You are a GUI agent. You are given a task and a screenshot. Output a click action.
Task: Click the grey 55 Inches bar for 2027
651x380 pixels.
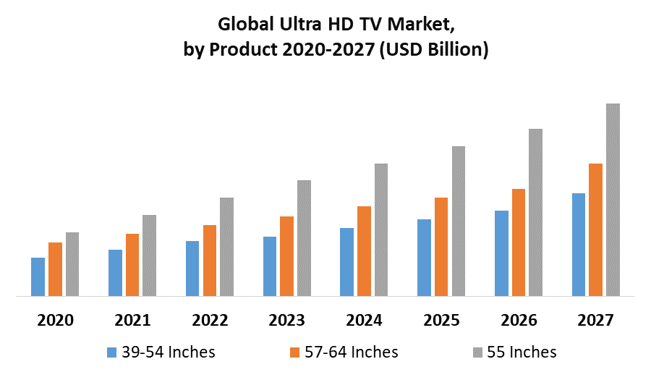[x=613, y=200]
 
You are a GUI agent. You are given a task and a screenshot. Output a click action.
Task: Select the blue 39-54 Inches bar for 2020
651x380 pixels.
[x=38, y=276]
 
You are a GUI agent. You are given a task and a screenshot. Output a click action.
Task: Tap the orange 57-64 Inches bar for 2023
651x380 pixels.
[x=286, y=256]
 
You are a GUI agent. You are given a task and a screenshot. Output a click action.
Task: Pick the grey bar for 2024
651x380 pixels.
[x=380, y=229]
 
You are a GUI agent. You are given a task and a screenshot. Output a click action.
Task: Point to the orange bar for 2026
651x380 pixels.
[x=518, y=242]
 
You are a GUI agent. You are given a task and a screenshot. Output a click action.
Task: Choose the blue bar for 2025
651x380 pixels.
[x=424, y=258]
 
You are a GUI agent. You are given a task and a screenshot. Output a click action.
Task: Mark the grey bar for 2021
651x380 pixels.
[x=149, y=256]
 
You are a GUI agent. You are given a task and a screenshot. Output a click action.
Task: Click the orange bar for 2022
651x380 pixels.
[x=210, y=261]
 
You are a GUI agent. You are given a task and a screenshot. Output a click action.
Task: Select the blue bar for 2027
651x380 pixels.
[x=578, y=245]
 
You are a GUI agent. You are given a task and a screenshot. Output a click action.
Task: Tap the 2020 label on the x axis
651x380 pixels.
[x=55, y=320]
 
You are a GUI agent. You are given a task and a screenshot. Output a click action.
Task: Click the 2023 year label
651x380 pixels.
[x=286, y=320]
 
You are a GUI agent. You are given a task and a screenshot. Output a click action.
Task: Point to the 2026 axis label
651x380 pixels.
[x=518, y=320]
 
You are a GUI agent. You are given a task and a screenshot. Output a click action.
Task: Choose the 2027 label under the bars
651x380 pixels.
[x=595, y=320]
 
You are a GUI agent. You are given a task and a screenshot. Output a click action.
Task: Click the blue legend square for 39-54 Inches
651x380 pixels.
[x=111, y=352]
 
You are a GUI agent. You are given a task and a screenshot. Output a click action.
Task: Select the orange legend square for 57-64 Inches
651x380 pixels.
[x=294, y=352]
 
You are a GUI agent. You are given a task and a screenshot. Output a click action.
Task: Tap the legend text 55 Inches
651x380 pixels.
[x=522, y=352]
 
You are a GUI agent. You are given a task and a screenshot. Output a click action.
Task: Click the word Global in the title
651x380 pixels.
[x=244, y=25]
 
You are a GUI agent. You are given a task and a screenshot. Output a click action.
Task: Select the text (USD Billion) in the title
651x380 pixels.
[x=428, y=50]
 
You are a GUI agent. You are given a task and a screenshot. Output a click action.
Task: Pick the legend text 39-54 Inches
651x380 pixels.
[x=169, y=352]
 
